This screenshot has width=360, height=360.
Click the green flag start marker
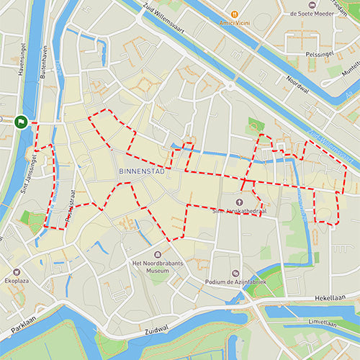[x=22, y=122]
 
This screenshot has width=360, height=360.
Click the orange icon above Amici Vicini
[x=234, y=14]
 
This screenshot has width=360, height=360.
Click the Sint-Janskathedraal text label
[x=239, y=211]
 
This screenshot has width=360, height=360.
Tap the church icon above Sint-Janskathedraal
[x=239, y=200]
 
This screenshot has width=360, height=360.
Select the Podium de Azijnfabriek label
[x=235, y=282]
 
